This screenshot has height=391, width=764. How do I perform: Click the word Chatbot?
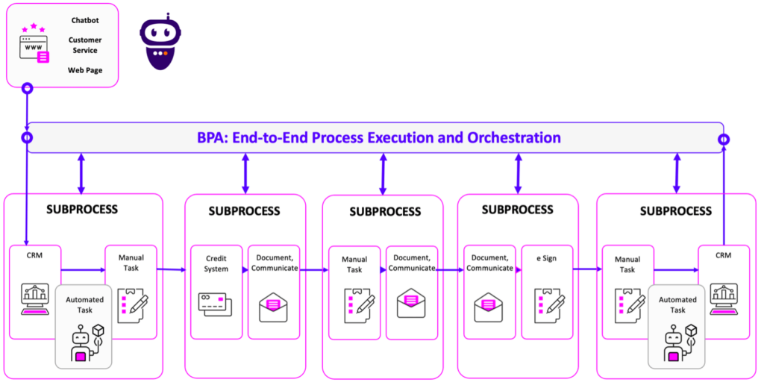[x=84, y=20]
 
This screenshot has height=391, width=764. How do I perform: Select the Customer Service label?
[x=84, y=45]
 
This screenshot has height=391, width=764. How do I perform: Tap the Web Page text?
[x=84, y=70]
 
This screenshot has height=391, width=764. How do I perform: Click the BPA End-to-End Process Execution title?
[x=378, y=137]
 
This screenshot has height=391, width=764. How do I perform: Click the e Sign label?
[x=545, y=259]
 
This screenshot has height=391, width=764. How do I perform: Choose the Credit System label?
[x=216, y=263]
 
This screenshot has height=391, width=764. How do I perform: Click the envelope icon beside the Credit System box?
[x=273, y=307]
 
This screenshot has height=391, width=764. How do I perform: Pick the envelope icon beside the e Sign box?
[x=488, y=307]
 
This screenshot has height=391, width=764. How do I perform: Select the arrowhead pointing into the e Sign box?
[x=518, y=270]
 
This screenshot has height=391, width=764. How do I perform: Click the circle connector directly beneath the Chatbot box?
[x=28, y=88]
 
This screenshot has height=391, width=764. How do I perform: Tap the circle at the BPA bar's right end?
[x=723, y=140]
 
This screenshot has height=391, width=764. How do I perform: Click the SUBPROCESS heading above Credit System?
[x=244, y=211]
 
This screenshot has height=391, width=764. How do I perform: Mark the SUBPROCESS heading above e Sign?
[x=517, y=210]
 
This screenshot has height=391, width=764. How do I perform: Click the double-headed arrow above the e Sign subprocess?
[x=518, y=173]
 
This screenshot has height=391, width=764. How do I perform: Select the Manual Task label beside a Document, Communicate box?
[x=354, y=264]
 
